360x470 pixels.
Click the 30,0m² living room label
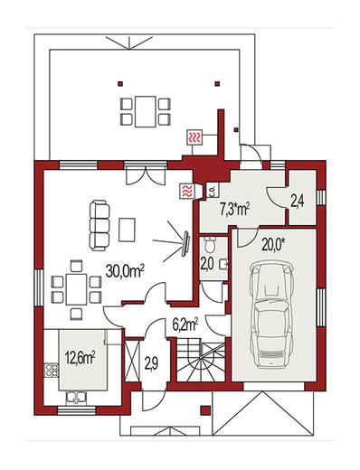[125, 271]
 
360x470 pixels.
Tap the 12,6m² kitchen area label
[80, 357]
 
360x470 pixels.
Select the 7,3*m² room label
[236, 210]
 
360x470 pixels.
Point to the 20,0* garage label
[273, 245]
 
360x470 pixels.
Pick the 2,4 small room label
[297, 202]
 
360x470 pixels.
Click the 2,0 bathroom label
[207, 264]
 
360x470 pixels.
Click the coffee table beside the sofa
[127, 230]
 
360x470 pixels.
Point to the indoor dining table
[77, 288]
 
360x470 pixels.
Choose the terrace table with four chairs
[146, 111]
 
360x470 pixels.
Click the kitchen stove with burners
[51, 371]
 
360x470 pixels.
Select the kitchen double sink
[76, 398]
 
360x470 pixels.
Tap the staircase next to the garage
[200, 360]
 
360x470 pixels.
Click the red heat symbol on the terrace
[194, 137]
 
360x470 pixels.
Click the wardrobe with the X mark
[132, 362]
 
